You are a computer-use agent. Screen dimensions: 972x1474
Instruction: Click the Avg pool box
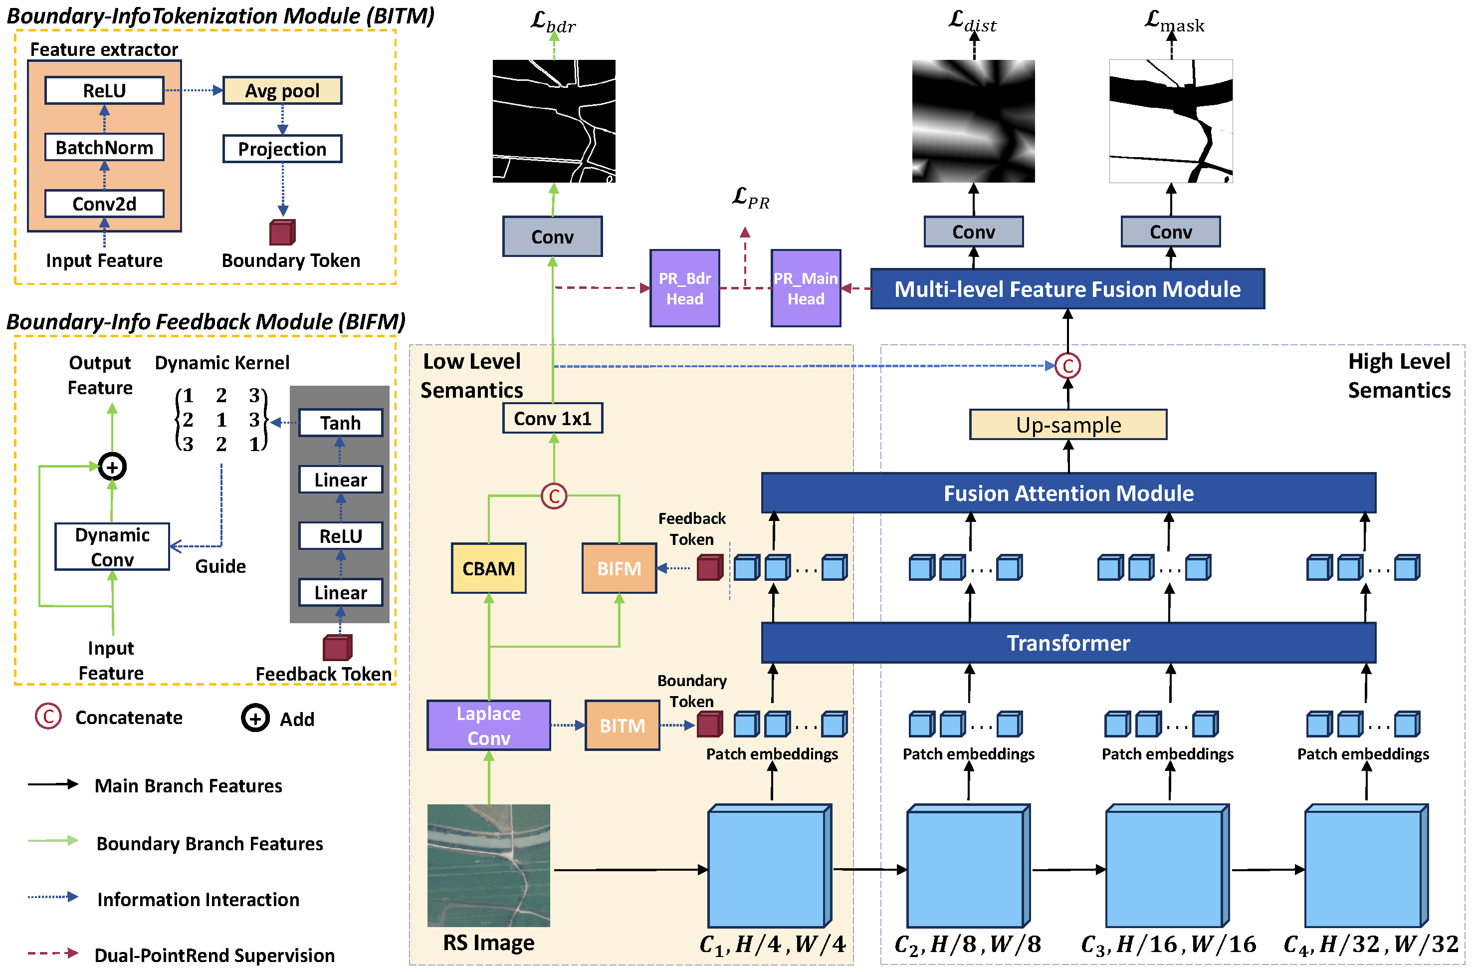click(282, 90)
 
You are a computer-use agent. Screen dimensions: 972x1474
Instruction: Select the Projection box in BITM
click(282, 149)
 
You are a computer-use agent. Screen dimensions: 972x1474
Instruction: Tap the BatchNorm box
click(104, 148)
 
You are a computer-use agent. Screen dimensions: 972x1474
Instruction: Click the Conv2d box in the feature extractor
click(104, 204)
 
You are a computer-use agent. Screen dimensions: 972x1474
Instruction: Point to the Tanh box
click(340, 423)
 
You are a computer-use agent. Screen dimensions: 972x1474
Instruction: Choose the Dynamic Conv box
click(112, 547)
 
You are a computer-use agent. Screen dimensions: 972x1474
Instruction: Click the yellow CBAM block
click(488, 568)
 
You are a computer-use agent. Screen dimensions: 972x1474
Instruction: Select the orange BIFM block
click(619, 568)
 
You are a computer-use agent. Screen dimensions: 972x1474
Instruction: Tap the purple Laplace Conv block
click(488, 726)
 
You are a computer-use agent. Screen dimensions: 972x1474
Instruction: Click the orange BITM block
click(622, 726)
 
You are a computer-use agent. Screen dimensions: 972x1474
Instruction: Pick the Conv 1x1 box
click(552, 419)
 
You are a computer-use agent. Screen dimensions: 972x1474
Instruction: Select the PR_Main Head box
click(806, 288)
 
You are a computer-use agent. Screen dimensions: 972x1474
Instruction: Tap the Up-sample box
click(1067, 425)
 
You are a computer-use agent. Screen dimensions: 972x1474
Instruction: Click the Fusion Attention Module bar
click(1067, 493)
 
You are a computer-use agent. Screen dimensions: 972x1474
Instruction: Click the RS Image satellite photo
click(488, 865)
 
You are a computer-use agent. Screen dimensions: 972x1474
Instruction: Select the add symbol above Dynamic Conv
click(112, 467)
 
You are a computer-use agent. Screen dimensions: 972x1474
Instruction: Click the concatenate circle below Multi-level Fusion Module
click(1067, 366)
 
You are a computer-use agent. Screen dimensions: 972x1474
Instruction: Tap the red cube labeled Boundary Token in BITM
click(282, 233)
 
